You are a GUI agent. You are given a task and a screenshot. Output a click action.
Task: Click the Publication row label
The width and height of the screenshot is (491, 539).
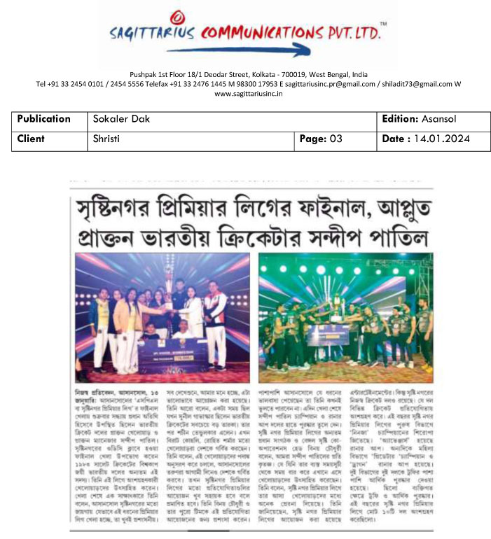(44, 119)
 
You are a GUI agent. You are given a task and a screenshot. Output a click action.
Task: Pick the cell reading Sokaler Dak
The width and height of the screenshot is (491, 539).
(121, 119)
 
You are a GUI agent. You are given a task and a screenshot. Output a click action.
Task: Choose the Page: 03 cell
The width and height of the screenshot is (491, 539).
(321, 139)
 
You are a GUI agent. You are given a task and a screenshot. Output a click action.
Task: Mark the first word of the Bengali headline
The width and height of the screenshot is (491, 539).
(114, 209)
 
